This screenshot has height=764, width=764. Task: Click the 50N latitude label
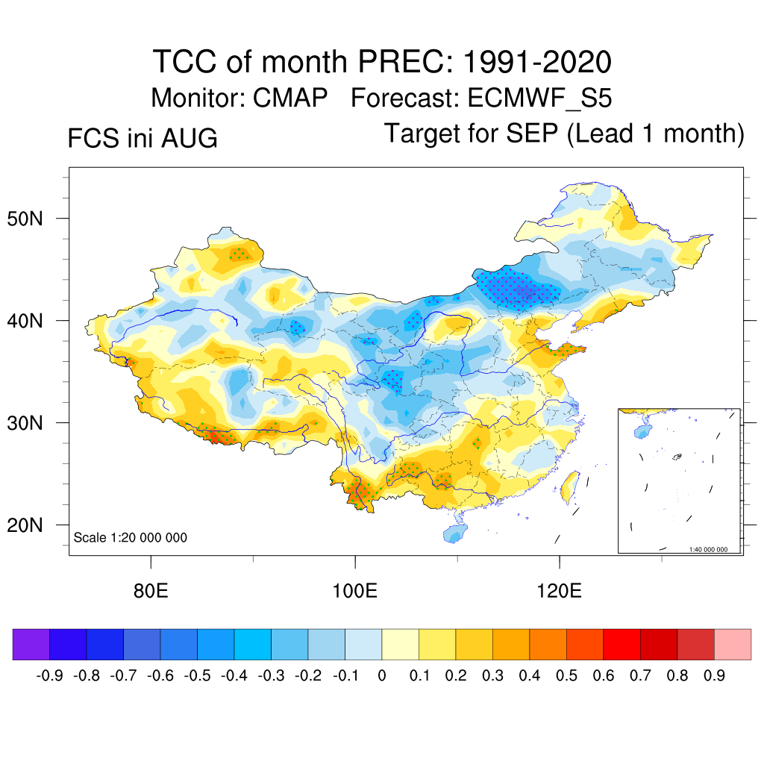(25, 219)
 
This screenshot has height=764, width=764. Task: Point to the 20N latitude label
(25, 525)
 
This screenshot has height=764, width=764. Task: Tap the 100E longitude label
(354, 591)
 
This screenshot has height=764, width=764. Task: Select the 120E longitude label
(560, 591)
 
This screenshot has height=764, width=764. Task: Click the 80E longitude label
(151, 591)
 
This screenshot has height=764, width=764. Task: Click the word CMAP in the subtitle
(290, 98)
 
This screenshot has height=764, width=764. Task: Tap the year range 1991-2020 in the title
(537, 62)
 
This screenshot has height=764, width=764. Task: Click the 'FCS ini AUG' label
(143, 138)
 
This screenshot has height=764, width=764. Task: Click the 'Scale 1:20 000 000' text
(130, 537)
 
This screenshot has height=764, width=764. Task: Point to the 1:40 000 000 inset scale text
(708, 549)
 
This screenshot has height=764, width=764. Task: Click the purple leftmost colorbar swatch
(31, 644)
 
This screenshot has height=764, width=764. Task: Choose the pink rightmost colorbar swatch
(733, 644)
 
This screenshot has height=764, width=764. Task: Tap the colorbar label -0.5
(197, 676)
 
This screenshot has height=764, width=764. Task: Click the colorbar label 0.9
(714, 676)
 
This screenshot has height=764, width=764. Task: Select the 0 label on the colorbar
(382, 676)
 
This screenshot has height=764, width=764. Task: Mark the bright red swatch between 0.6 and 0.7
(621, 644)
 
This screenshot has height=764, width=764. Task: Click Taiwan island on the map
(569, 486)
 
